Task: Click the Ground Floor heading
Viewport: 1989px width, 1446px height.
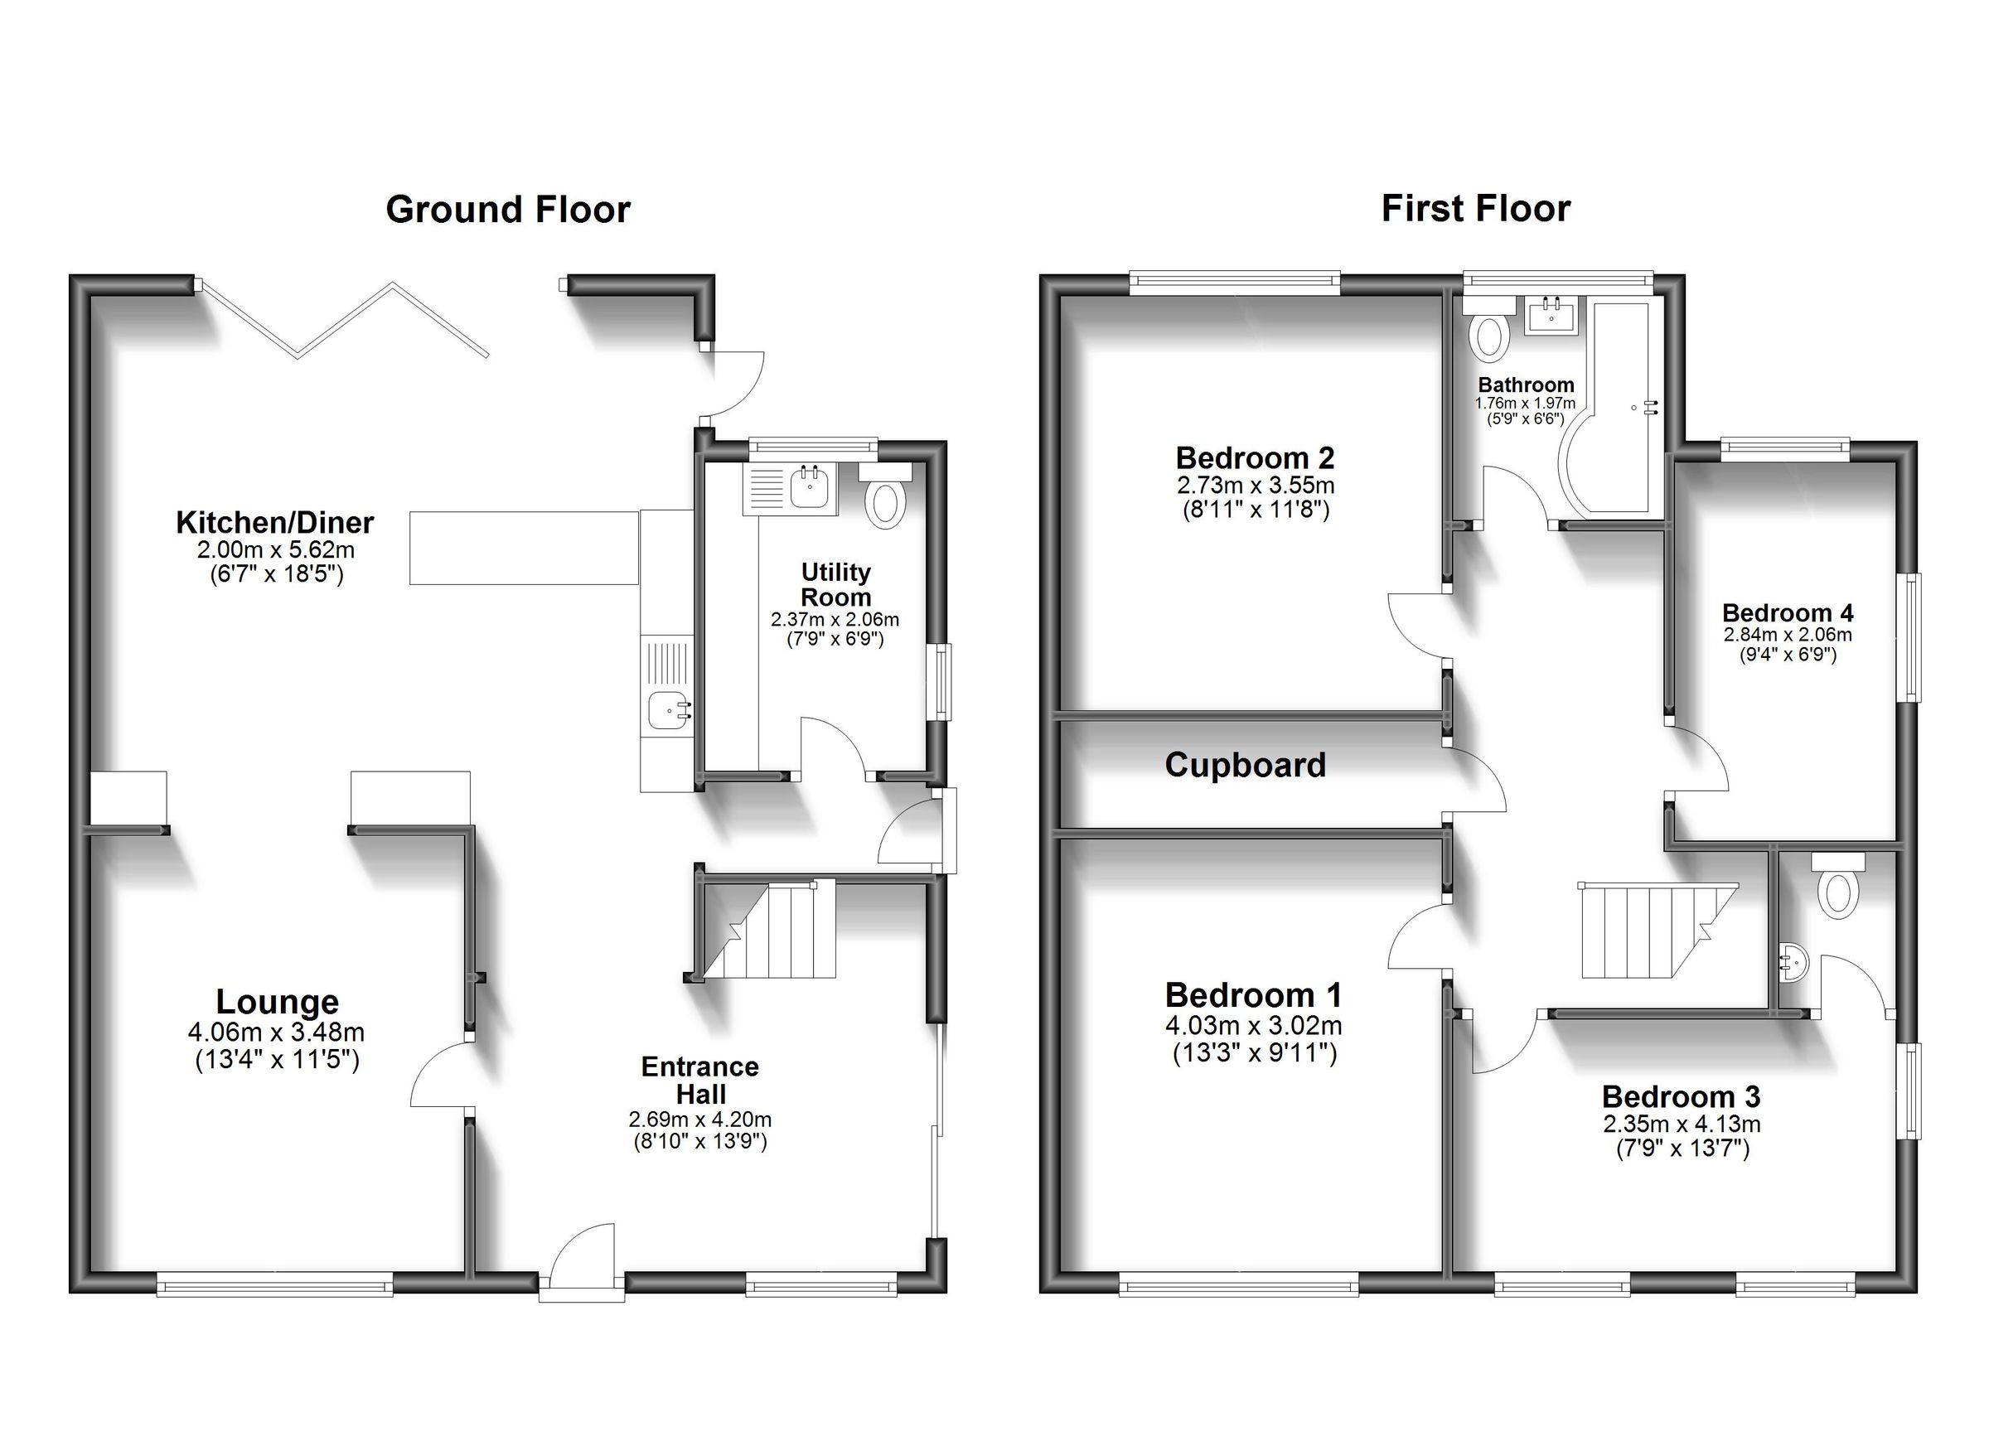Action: tap(508, 210)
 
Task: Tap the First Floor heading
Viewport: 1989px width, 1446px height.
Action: tap(1476, 209)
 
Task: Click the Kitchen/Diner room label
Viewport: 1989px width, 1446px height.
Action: tap(274, 523)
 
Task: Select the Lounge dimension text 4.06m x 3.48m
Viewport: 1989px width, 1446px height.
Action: tap(276, 1033)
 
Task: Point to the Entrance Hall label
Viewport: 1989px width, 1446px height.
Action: tap(699, 1081)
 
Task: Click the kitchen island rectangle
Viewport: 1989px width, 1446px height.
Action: tap(524, 548)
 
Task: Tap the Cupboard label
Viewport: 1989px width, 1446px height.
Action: tap(1245, 765)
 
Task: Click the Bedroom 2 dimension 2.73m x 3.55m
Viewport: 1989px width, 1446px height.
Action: tap(1255, 485)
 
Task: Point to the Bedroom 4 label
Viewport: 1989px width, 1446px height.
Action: tap(1788, 612)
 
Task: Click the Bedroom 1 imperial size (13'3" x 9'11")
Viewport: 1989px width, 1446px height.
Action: tap(1254, 1052)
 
